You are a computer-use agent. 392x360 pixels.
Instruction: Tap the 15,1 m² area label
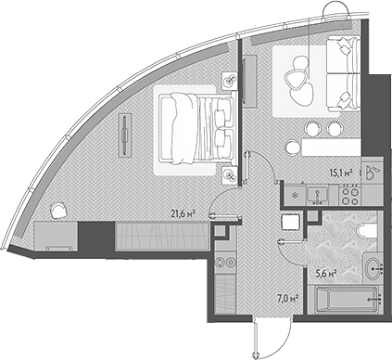click(x=343, y=172)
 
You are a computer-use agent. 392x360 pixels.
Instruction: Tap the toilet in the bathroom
click(x=363, y=229)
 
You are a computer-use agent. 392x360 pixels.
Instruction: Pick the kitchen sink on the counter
click(x=319, y=196)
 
